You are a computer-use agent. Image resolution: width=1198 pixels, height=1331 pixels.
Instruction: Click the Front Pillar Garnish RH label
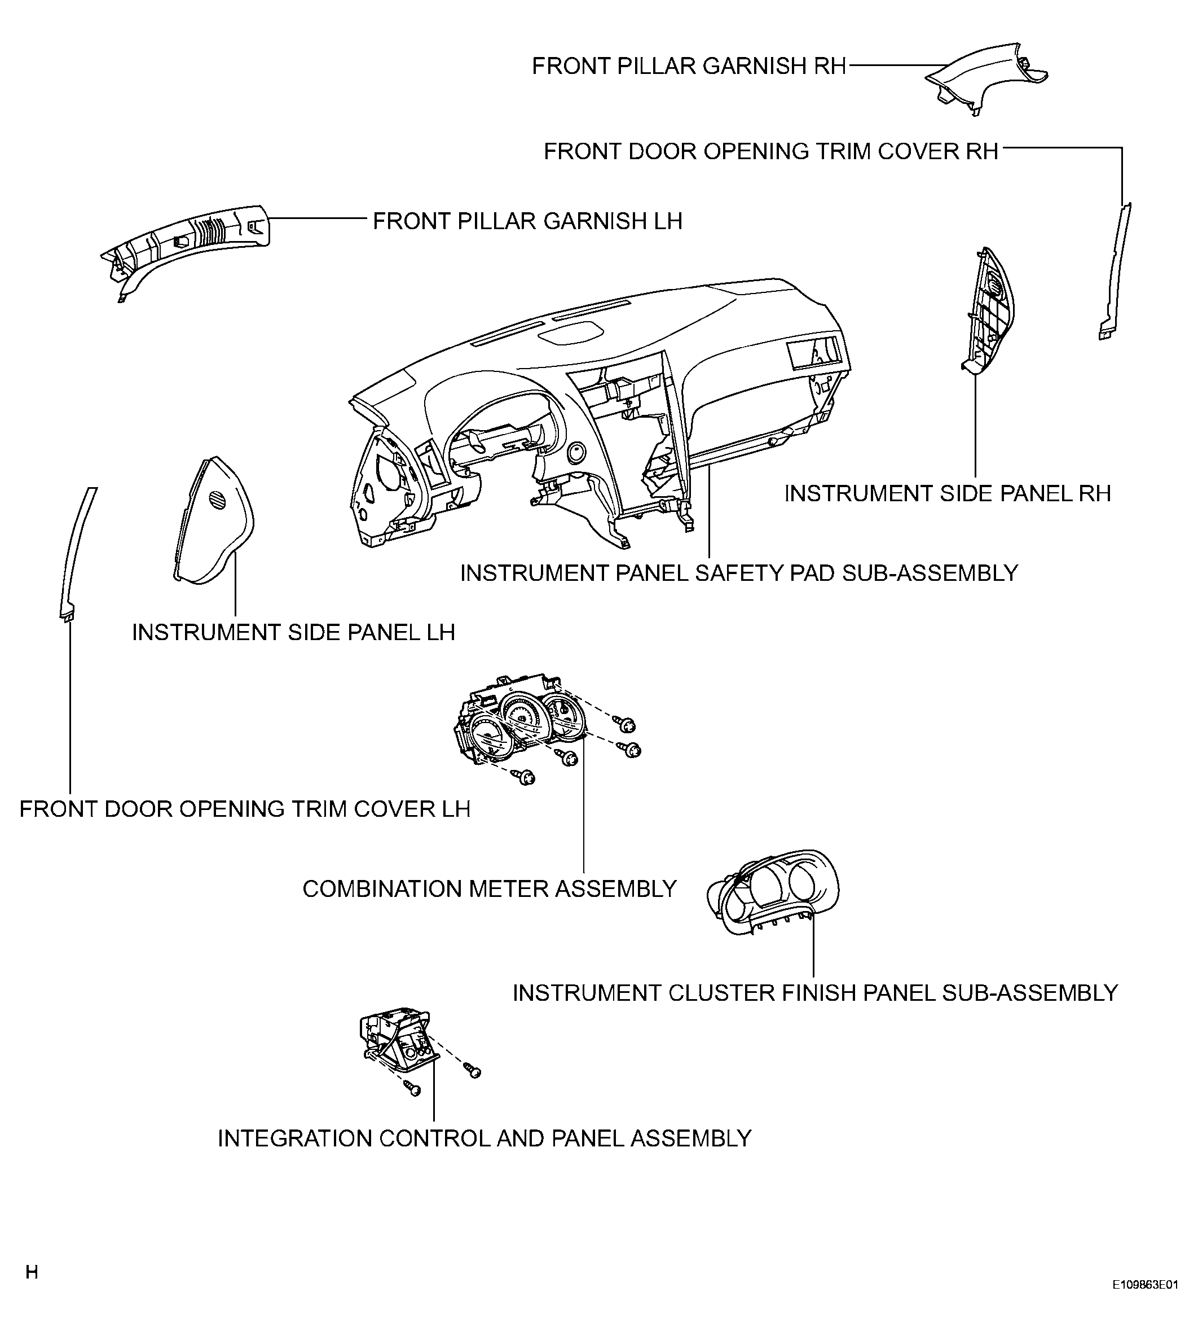(x=689, y=67)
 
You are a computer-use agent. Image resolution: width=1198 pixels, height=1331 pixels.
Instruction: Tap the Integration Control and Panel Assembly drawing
(x=395, y=1044)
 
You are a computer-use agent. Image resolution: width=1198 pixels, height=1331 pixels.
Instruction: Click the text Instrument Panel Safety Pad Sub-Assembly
(x=738, y=573)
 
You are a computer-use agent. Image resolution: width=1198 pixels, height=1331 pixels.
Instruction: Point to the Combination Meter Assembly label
(x=489, y=889)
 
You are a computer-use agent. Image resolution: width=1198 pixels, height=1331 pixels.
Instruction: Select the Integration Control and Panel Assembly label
(x=485, y=1139)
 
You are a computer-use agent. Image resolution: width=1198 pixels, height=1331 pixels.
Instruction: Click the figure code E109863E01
(x=1144, y=1303)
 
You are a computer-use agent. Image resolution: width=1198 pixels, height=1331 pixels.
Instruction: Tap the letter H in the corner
(x=32, y=1272)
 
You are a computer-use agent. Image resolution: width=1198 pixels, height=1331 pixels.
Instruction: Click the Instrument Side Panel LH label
(x=293, y=633)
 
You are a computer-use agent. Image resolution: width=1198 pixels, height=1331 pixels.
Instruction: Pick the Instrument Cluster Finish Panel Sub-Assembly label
(x=815, y=993)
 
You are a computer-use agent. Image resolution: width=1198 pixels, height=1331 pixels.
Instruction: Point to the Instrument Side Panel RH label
(x=947, y=494)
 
